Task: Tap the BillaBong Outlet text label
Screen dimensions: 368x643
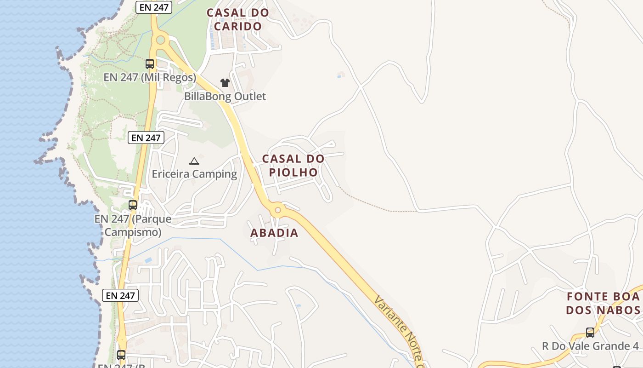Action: [225, 97]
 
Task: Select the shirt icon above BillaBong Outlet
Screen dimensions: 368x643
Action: [225, 83]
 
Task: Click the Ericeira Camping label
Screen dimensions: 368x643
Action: [194, 174]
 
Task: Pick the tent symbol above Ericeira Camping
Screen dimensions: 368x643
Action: [194, 161]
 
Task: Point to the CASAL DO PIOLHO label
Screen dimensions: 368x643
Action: [293, 165]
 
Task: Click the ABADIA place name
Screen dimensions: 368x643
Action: [274, 233]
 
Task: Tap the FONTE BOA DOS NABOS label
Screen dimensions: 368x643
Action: [603, 303]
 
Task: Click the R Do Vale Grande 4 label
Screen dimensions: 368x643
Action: [590, 346]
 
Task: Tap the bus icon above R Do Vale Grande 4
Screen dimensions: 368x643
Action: [590, 332]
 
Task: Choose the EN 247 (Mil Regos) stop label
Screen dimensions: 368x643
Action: [150, 77]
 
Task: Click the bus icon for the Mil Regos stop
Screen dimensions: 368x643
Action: [150, 64]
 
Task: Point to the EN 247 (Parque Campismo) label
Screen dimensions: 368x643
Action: [133, 225]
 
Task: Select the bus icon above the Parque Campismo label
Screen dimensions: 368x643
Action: [133, 205]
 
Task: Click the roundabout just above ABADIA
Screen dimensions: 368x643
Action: [277, 211]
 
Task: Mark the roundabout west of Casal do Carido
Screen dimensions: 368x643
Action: [160, 40]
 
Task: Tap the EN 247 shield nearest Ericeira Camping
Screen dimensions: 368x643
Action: [146, 138]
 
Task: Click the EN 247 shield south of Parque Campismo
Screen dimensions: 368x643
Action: [120, 295]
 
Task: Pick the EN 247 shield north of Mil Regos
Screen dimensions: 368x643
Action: [154, 7]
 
